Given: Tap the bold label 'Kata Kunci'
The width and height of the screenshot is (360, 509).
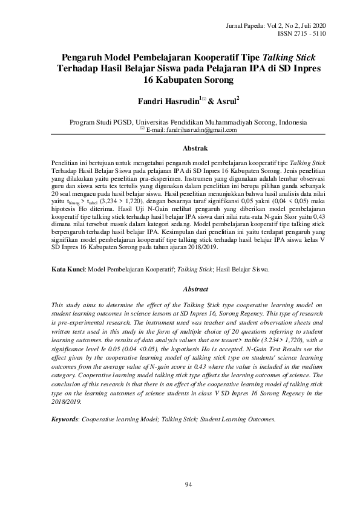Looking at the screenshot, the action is click(66, 269).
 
